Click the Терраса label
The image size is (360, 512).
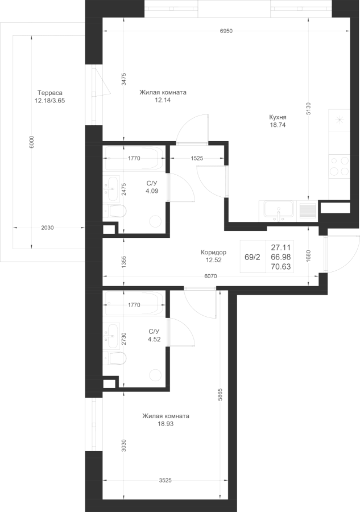point(49,93)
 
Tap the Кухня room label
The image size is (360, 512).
point(278,117)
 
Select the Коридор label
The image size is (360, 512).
point(213,253)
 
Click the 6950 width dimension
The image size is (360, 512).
point(226,31)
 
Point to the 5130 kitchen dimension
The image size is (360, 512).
point(308,109)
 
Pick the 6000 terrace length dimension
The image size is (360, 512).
point(31,142)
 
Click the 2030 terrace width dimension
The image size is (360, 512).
point(47,228)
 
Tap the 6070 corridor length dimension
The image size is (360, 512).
point(210,276)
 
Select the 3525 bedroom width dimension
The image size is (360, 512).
point(165,481)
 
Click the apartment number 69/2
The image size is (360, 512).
point(253,257)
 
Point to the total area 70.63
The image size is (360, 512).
point(281,267)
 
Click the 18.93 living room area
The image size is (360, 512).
point(165,424)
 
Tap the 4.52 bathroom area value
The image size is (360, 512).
point(154,340)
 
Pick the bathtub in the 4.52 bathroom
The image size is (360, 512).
point(134,303)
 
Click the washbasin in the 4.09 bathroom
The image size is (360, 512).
point(111,189)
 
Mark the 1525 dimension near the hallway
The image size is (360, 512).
point(197,158)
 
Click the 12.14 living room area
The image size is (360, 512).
point(163,100)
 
